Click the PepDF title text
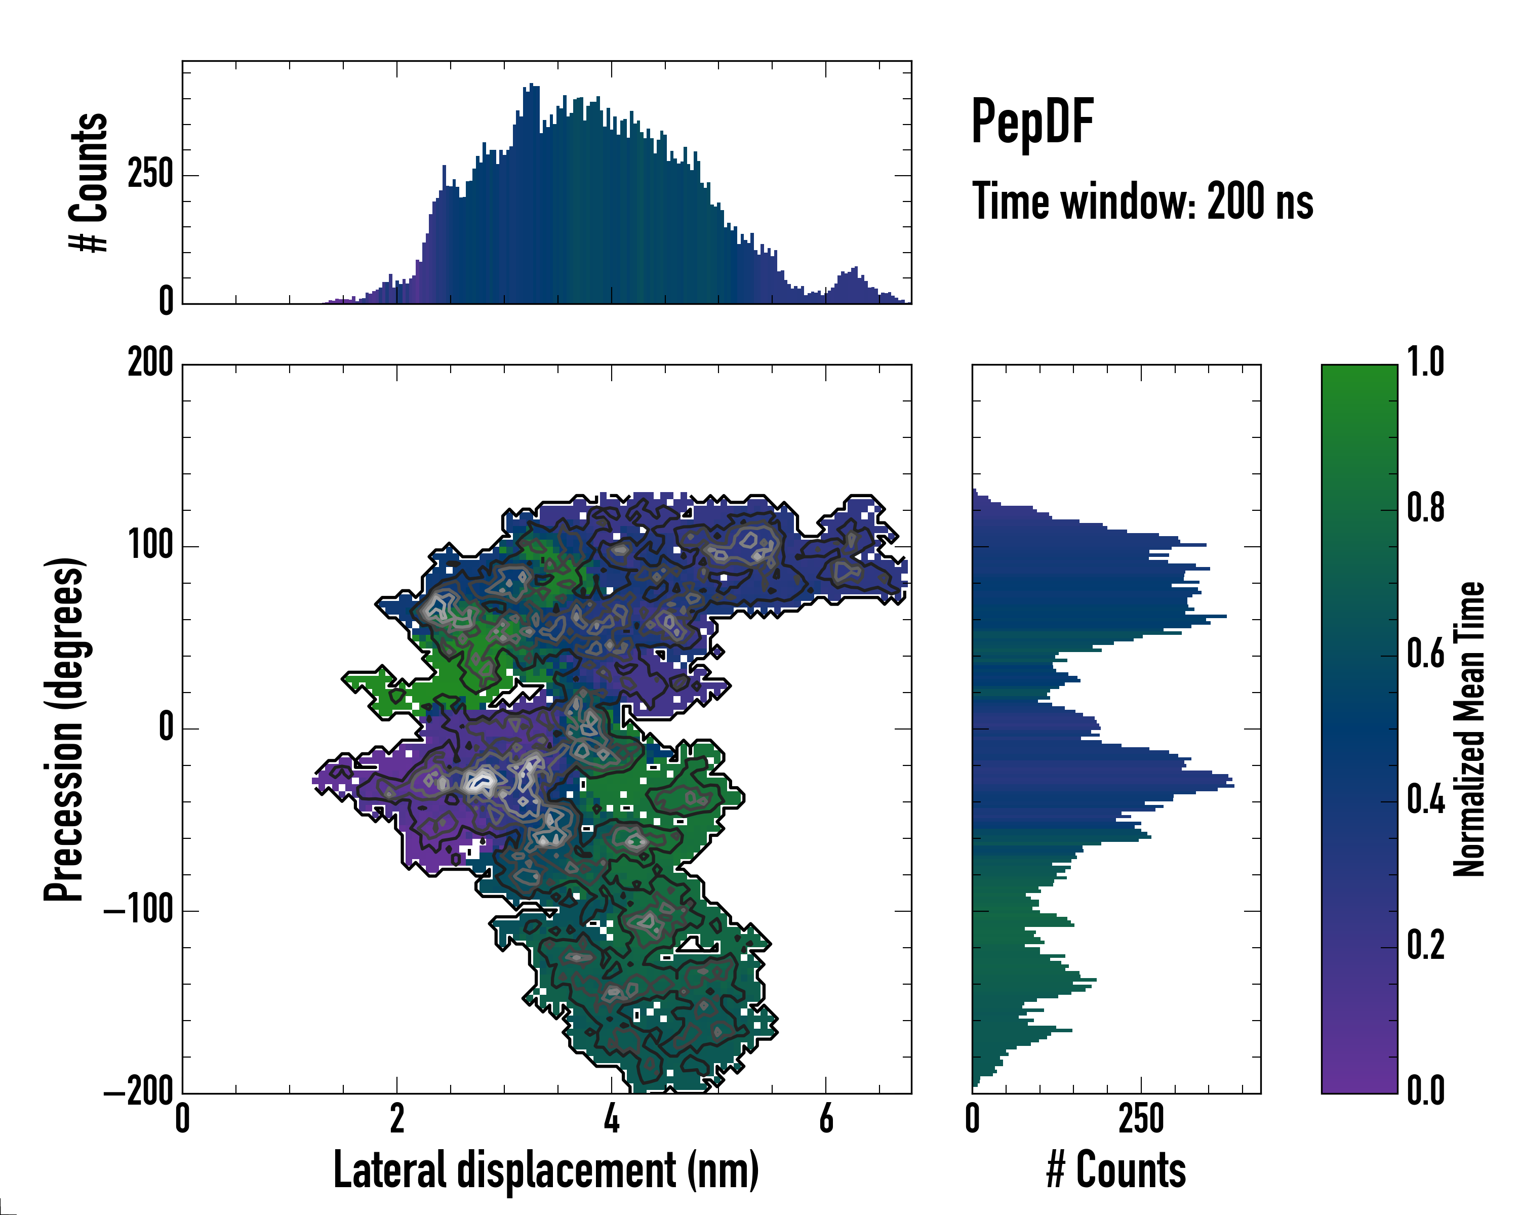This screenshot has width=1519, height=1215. point(1032,122)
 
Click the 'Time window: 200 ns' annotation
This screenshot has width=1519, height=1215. point(1142,202)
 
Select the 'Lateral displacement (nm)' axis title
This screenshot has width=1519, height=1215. point(546,1170)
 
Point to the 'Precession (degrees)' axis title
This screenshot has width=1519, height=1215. point(65,728)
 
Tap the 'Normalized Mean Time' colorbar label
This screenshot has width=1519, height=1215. point(1469,728)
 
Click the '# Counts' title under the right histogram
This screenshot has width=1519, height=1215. point(1116,1170)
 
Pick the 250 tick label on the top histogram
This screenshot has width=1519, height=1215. point(150,174)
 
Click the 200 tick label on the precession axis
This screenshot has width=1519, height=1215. point(150,364)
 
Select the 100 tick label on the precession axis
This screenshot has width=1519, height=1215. point(150,546)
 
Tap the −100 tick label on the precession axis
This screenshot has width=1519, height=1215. point(139,911)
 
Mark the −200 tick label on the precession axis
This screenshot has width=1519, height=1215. point(139,1092)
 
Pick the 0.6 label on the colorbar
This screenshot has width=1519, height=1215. point(1425,655)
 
